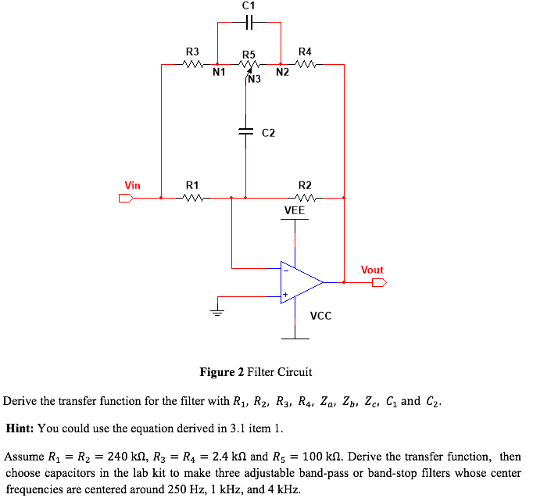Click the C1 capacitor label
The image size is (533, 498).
pos(249,5)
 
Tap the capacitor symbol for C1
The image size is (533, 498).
pos(249,23)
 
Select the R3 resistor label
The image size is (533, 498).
pos(192,52)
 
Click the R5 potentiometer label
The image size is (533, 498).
pos(249,55)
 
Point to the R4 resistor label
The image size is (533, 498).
pos(306,52)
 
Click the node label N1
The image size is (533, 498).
pos(219,74)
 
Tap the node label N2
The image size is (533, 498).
pos(282,74)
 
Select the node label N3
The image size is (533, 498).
pos(255,79)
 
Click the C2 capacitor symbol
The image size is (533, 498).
pos(246,132)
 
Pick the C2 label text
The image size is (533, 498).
pos(268,133)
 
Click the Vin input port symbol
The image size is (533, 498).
pos(125,198)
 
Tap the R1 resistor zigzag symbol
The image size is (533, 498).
pos(192,198)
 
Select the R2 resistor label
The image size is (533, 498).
pos(306,185)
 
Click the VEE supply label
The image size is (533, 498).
pos(295,210)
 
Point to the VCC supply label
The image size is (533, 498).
pos(320,316)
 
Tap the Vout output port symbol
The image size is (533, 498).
pos(379,282)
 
